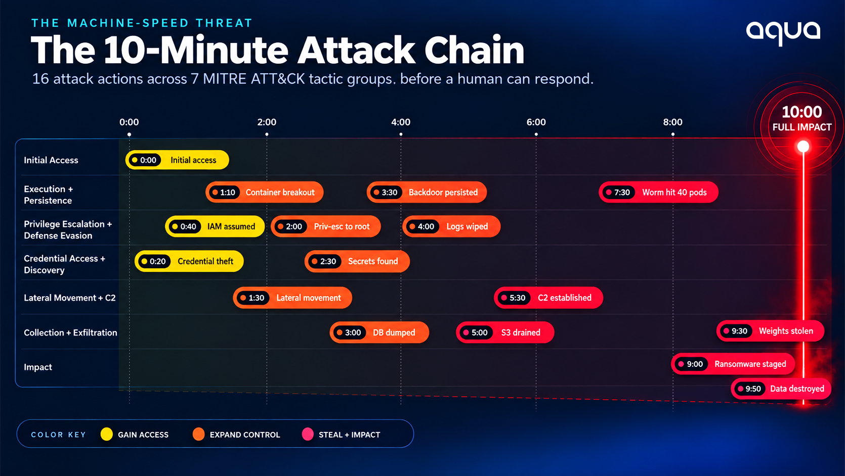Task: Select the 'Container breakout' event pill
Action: point(265,193)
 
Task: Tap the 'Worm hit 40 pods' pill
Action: point(658,193)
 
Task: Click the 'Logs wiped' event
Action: point(451,227)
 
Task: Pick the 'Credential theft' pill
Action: point(189,261)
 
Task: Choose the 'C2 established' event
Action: point(548,298)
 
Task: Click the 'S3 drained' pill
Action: point(505,332)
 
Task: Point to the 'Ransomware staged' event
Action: point(733,364)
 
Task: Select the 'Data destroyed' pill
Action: point(781,389)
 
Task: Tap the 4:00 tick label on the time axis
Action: point(401,122)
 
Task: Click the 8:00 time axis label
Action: point(672,122)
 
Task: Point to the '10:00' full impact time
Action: point(801,112)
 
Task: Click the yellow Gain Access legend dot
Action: point(107,434)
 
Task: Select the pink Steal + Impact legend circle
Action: point(308,434)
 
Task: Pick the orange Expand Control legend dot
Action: point(198,434)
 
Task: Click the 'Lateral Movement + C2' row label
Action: point(70,298)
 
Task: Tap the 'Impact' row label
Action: point(38,367)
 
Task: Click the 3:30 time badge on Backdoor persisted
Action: point(386,193)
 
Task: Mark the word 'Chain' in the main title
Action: point(474,50)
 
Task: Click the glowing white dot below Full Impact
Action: point(804,147)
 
